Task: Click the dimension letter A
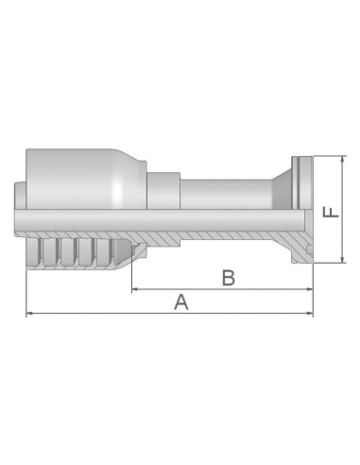pos(180,302)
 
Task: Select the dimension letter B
pos(228,278)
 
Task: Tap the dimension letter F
pos(329,210)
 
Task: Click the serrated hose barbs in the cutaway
pos(80,251)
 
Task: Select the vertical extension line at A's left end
pos(27,284)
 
